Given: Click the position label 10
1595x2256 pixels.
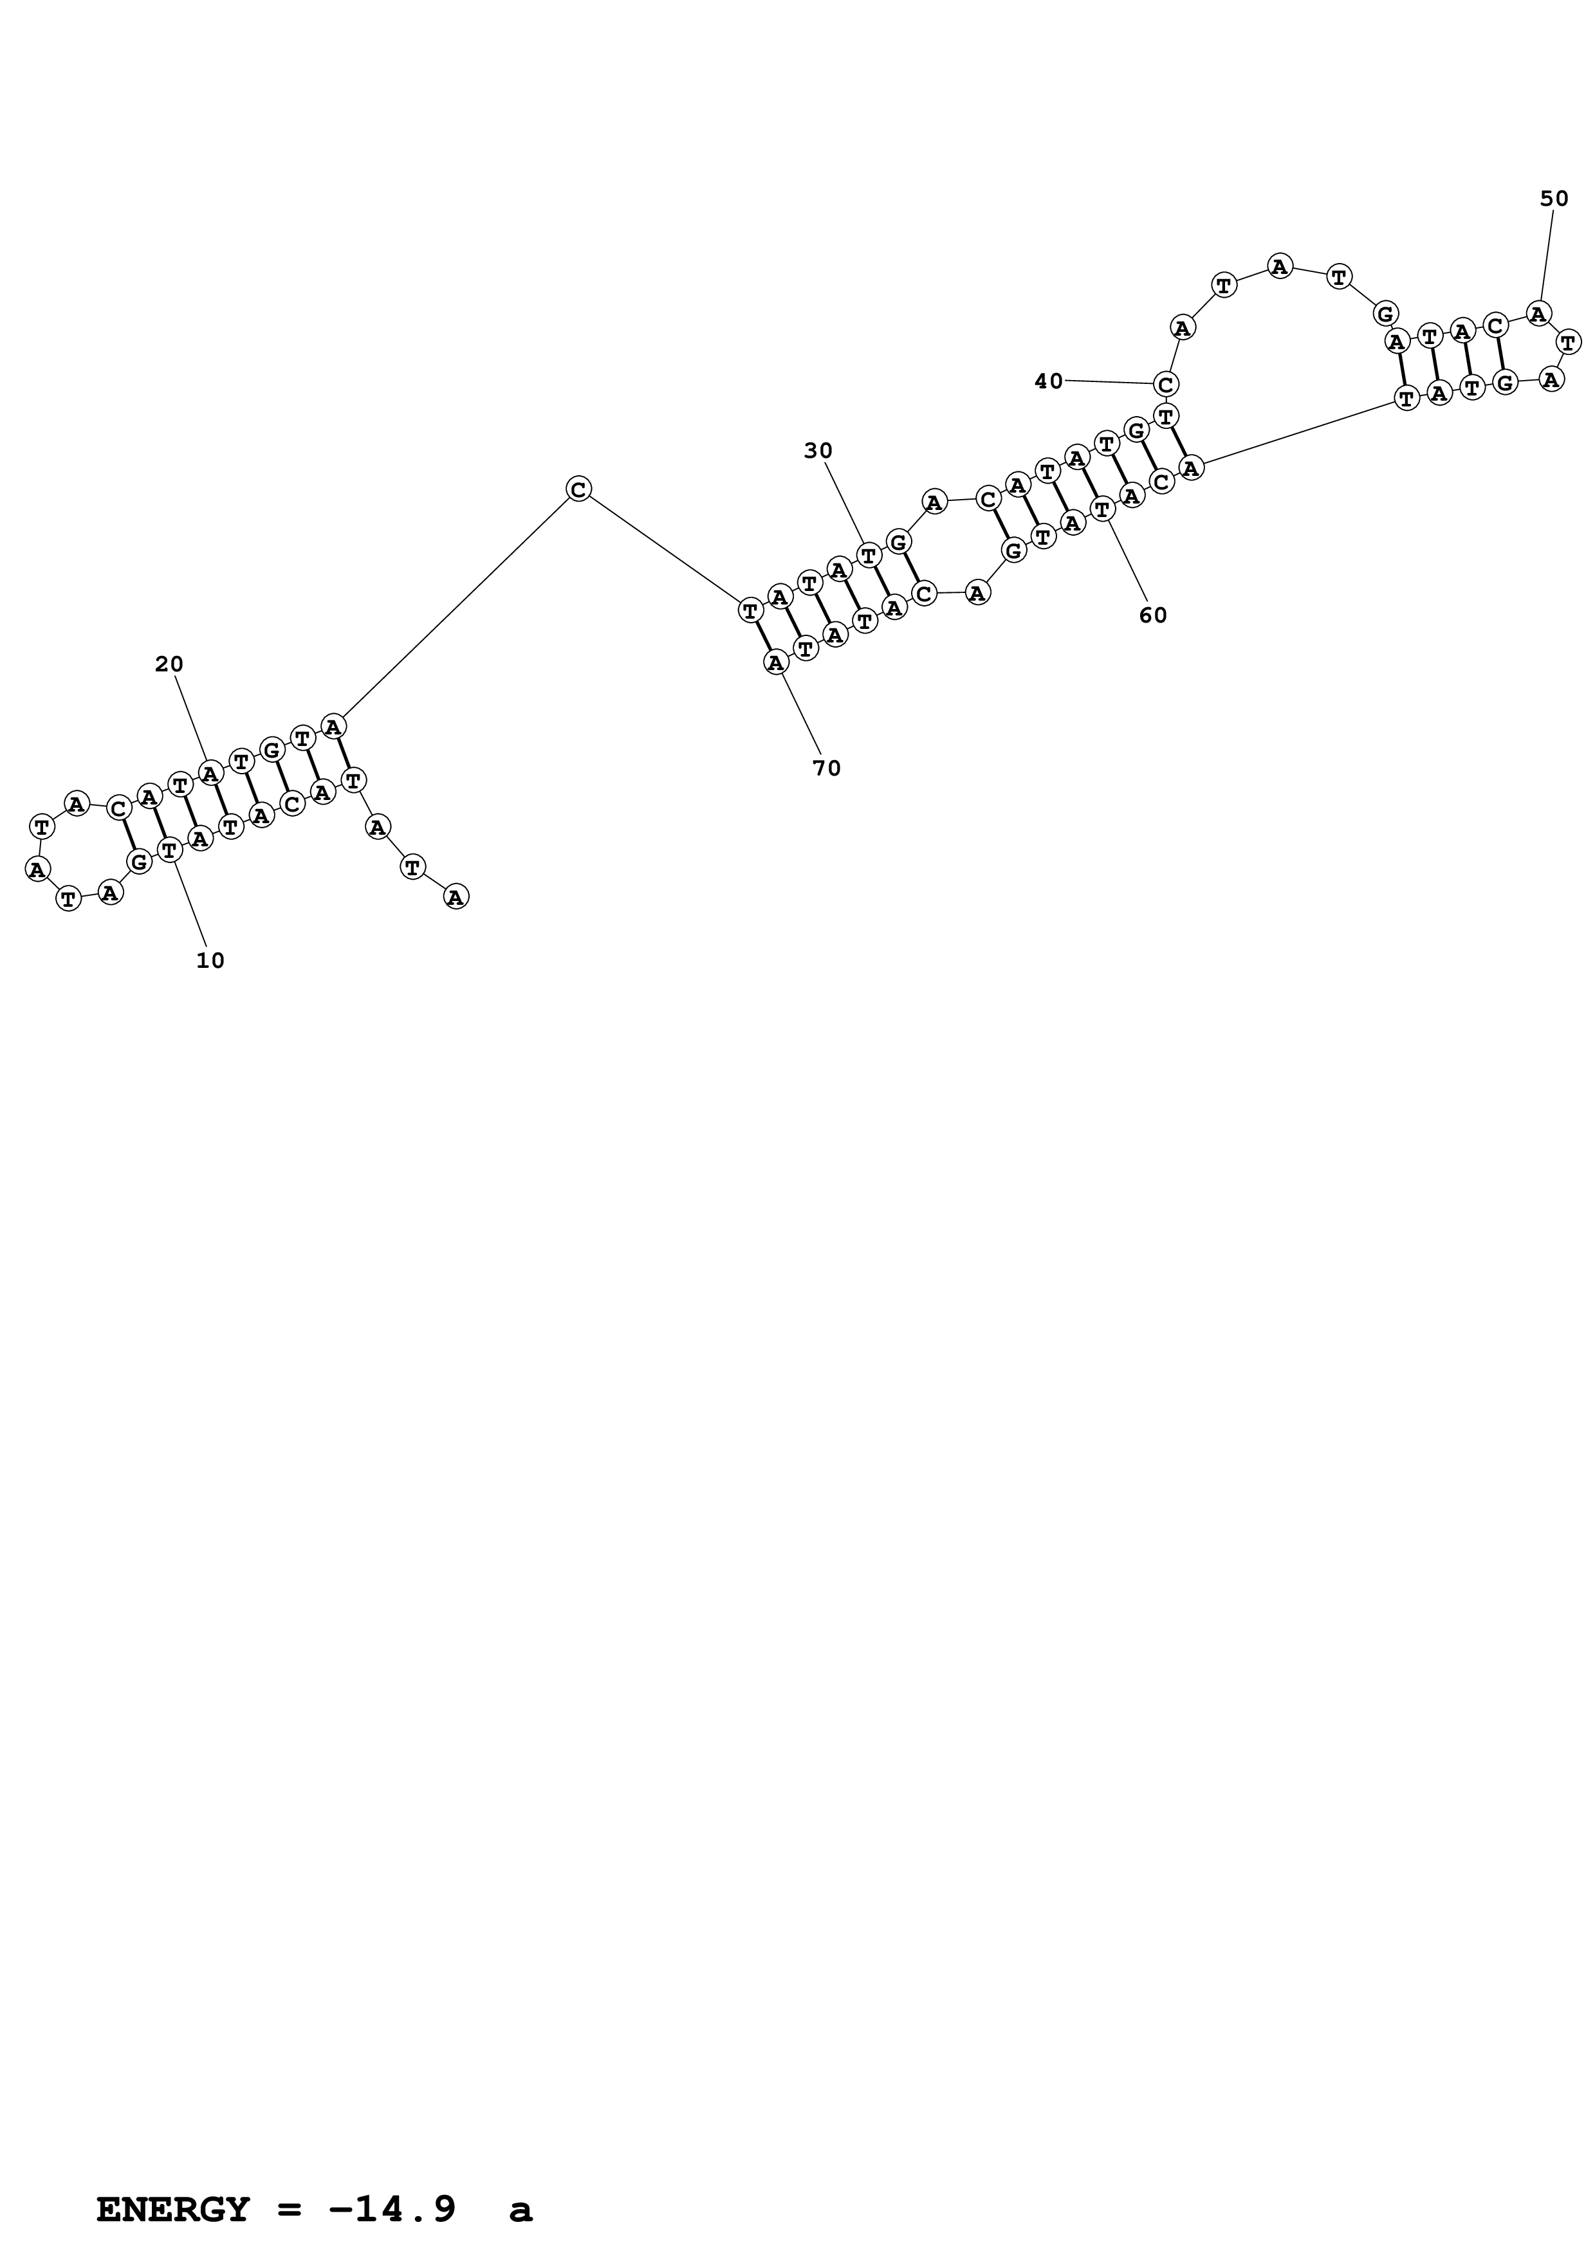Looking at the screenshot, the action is [210, 961].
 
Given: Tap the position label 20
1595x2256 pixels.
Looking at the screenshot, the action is [169, 664].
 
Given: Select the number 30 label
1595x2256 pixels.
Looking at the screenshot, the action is [818, 451].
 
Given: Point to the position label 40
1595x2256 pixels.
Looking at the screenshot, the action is [1049, 381].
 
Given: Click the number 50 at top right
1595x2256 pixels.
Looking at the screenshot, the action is [1554, 199].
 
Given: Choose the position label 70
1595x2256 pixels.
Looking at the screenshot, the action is [827, 769].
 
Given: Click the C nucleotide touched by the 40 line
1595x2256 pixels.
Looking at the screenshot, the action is [1165, 383].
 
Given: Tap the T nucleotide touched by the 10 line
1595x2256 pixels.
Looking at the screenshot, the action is [170, 849].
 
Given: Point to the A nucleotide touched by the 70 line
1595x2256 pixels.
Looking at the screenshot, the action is [777, 662].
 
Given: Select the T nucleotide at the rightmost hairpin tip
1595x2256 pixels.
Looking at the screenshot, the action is [1569, 342].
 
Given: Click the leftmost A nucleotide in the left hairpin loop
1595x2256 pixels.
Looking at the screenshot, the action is [37, 869].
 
